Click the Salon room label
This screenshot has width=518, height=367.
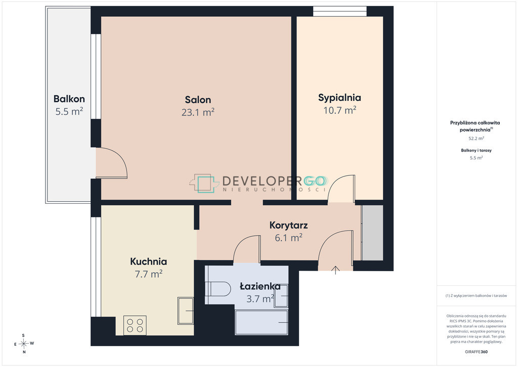(198, 100)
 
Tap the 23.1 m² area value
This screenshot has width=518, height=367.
(198, 113)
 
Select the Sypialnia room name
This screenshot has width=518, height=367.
(339, 98)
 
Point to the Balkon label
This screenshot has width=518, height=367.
(69, 99)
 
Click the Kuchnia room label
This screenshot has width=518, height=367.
(148, 262)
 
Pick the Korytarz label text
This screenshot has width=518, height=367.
(288, 225)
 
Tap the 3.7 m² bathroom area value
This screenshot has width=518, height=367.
(261, 299)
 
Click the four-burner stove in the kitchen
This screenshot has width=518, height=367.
(135, 325)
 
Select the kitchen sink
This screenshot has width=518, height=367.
(186, 311)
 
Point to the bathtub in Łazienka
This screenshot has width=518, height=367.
(262, 322)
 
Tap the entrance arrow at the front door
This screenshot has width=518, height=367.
(335, 270)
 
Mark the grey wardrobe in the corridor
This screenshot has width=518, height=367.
(372, 233)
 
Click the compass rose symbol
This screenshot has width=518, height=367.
(24, 344)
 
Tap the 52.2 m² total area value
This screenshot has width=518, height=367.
(476, 138)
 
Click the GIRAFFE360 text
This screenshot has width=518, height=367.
(476, 352)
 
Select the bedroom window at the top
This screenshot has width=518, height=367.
(339, 11)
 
